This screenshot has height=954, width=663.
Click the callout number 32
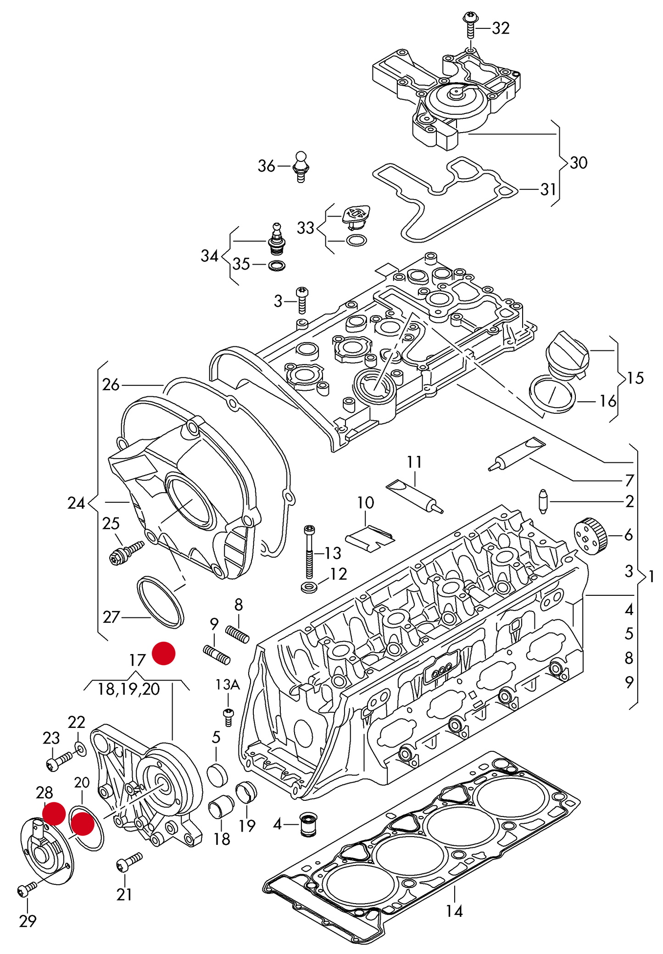tap(501, 28)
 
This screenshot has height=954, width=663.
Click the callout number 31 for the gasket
tap(548, 189)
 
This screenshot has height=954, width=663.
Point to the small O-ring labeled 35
tap(276, 265)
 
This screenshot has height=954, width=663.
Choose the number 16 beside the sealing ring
tap(608, 401)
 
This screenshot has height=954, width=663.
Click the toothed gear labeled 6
tap(591, 536)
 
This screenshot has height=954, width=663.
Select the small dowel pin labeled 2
tap(543, 501)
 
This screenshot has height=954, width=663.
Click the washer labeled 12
tap(307, 587)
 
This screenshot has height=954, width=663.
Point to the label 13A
tap(228, 685)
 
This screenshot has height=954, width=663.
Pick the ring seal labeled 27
tap(161, 602)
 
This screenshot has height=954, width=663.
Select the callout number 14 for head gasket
tap(454, 910)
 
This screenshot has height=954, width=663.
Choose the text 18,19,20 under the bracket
tap(129, 689)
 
